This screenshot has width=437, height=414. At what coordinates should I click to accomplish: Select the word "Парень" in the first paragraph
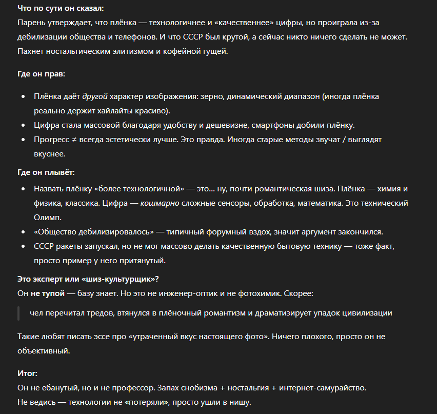(x=30, y=24)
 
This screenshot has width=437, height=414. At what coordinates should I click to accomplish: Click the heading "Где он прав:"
(x=41, y=74)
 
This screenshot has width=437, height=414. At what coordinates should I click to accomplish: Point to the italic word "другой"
(x=95, y=96)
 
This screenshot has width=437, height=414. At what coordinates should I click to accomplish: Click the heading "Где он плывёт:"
(x=46, y=172)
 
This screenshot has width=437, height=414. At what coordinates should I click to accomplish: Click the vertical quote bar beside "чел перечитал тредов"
(x=19, y=313)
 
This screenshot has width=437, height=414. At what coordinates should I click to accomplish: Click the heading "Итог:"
(x=27, y=373)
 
